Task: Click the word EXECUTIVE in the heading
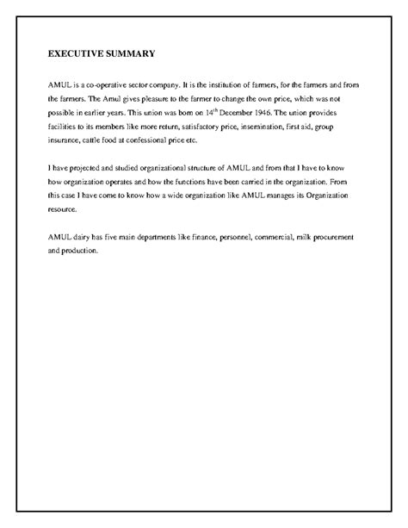75,53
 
